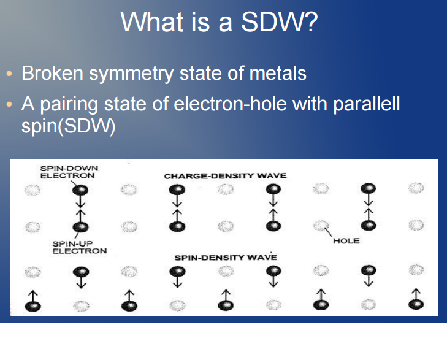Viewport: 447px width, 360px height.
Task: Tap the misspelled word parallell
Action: [x=366, y=104]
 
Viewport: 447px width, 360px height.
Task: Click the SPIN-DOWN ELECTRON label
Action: [x=68, y=172]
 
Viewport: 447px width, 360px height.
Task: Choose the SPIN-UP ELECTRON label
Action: [x=79, y=247]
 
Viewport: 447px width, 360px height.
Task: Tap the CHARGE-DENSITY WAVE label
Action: [x=225, y=175]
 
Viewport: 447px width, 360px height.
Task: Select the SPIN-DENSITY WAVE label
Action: [x=225, y=257]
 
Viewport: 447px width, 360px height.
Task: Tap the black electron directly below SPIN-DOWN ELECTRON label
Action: [x=78, y=190]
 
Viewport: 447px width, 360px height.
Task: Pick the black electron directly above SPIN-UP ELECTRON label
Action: [x=78, y=228]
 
